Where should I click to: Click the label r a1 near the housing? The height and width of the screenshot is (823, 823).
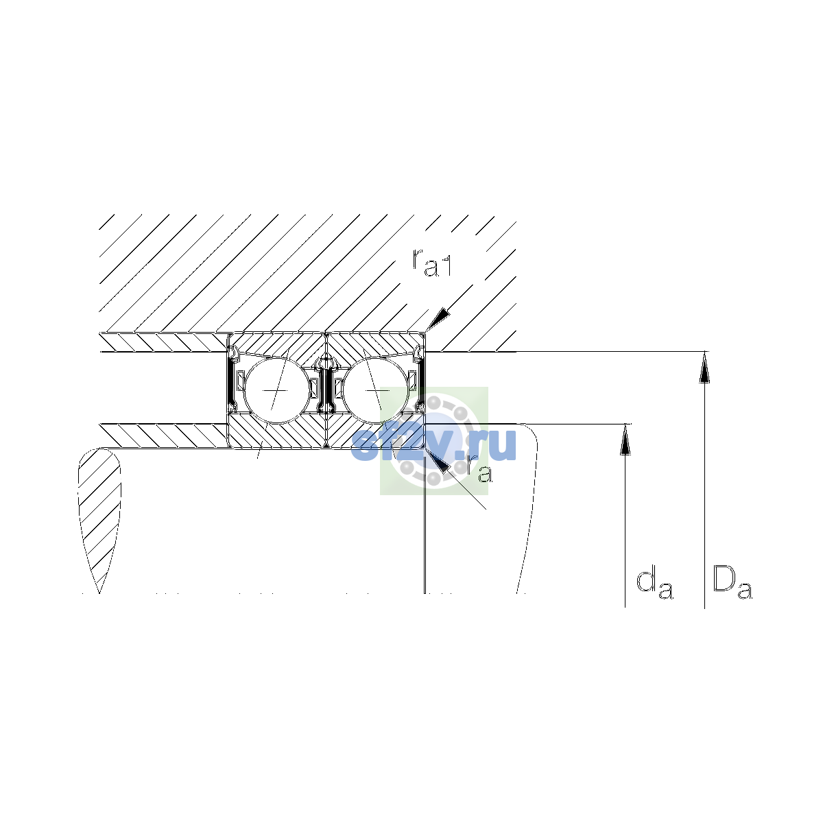pos(431,263)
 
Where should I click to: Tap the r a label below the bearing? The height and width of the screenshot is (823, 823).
pos(480,469)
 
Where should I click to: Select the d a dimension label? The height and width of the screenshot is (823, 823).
pos(655,582)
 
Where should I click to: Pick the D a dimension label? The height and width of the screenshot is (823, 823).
pos(732,582)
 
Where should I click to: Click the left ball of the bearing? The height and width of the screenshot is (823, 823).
pos(276,390)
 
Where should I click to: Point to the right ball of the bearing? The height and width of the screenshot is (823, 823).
pos(376,390)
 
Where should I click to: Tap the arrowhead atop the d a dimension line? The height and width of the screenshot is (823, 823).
pos(625,439)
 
